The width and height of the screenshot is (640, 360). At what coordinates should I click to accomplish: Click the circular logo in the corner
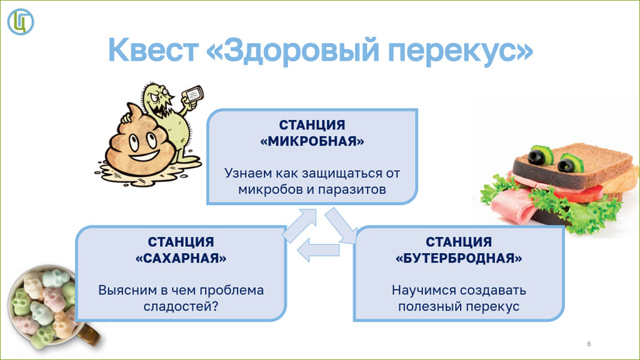(x=21, y=22)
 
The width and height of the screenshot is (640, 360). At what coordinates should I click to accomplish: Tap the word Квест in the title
(x=154, y=50)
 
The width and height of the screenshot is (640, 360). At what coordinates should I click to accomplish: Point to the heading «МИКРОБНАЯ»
(x=312, y=141)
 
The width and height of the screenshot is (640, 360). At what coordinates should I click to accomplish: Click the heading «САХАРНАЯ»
(x=181, y=258)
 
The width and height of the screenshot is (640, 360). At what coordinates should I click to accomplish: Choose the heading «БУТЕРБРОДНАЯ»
(x=459, y=258)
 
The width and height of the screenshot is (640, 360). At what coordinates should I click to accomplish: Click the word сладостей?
(x=181, y=306)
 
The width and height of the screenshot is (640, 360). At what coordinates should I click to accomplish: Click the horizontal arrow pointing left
(x=318, y=250)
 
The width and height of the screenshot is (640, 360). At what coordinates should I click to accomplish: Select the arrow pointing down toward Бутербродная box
(x=340, y=225)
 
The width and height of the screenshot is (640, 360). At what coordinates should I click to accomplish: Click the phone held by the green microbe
(x=192, y=95)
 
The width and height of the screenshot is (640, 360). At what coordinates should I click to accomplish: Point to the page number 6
(x=589, y=344)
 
